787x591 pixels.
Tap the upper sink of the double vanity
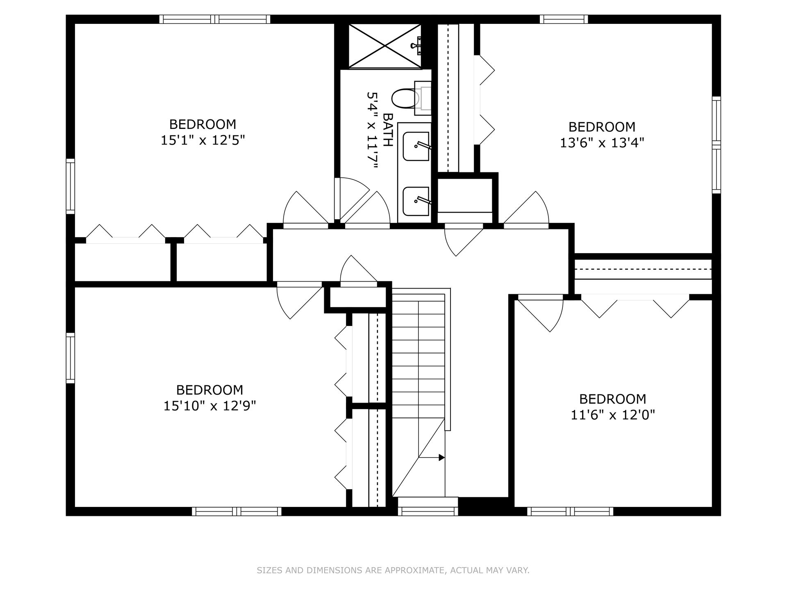point(416,146)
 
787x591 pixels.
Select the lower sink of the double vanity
point(416,201)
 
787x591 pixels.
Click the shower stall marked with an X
point(385,45)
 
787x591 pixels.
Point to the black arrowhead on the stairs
point(442,457)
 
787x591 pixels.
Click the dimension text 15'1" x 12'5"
point(202,140)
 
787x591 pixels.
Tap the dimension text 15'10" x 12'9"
point(210,406)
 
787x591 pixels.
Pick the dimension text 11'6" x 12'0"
point(613,415)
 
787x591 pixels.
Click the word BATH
point(387,130)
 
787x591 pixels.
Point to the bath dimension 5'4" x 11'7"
point(371,130)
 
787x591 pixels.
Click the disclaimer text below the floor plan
point(393,570)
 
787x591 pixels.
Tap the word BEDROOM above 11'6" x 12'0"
point(613,399)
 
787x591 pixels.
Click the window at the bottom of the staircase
point(428,511)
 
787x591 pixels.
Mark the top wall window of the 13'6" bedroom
point(564,19)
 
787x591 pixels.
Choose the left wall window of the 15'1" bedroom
point(71,186)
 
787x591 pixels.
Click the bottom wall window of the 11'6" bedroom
point(570,511)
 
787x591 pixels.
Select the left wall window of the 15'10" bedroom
point(71,358)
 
